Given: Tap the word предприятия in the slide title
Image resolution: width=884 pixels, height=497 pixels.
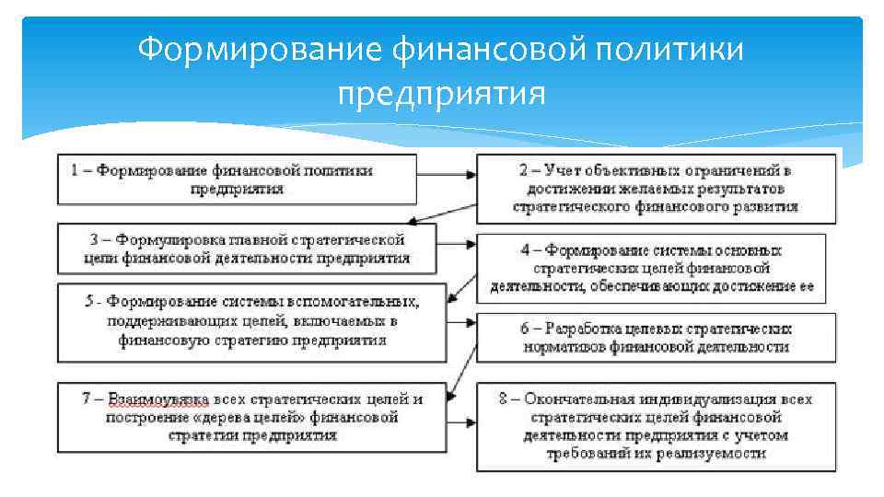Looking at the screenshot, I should coord(441,93).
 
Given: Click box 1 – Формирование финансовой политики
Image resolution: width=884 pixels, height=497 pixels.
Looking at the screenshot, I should coord(236,179).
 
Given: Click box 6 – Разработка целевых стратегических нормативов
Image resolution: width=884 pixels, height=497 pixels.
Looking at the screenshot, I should coord(656,338).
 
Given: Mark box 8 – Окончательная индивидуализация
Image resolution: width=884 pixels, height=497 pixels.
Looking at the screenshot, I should coord(656,426).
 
